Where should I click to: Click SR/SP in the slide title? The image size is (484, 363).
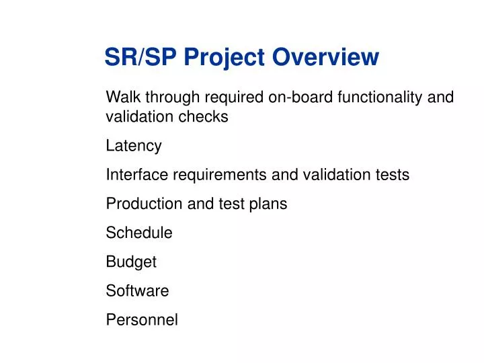[x=140, y=57]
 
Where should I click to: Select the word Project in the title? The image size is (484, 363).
[x=225, y=57]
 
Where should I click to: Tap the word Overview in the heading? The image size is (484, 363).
[x=326, y=57]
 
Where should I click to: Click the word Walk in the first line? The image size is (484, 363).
[x=121, y=97]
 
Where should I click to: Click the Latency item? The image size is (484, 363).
[x=134, y=146]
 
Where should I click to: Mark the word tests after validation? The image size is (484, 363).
[x=391, y=175]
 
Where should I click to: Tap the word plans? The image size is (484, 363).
[x=269, y=204]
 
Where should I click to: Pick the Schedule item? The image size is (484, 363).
[x=139, y=233]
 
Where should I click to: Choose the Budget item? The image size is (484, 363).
[x=131, y=261]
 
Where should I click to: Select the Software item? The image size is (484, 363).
[x=137, y=290]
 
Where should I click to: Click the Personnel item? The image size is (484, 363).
[x=142, y=319]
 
